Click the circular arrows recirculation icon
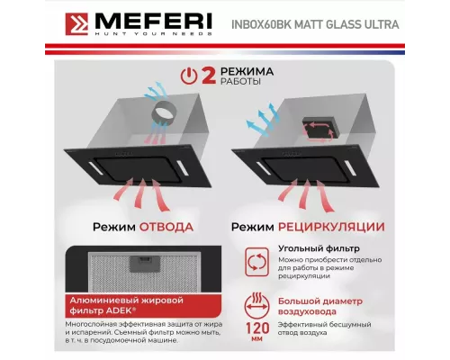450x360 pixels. click(256, 262)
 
